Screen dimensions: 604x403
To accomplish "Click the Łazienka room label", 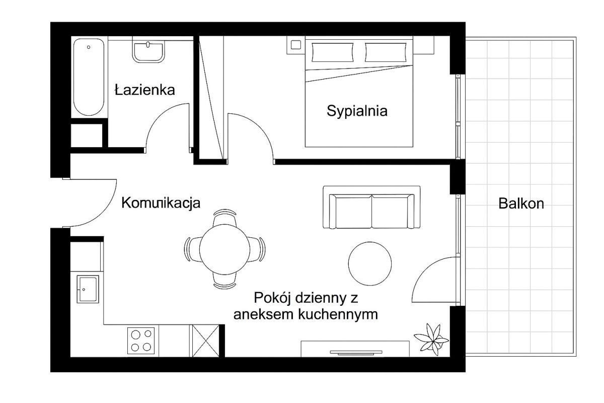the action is pyautogui.click(x=145, y=90).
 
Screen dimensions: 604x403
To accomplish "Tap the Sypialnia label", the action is pyautogui.click(x=357, y=111).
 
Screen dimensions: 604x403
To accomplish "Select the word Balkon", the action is pyautogui.click(x=521, y=204).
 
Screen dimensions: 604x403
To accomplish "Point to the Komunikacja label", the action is pyautogui.click(x=161, y=203).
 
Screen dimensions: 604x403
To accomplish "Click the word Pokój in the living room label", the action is pyautogui.click(x=273, y=298).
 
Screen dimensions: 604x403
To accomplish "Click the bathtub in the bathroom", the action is pyautogui.click(x=89, y=77).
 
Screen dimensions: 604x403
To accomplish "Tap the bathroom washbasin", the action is pyautogui.click(x=148, y=52).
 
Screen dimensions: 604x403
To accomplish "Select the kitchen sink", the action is pyautogui.click(x=88, y=289).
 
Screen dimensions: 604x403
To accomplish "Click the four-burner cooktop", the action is pyautogui.click(x=141, y=341).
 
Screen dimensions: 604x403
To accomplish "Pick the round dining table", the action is pyautogui.click(x=224, y=249).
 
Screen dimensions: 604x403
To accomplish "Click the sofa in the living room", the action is pyautogui.click(x=371, y=207).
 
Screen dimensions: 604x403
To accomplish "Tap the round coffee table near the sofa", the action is pyautogui.click(x=370, y=263).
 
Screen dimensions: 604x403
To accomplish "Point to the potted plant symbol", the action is pyautogui.click(x=431, y=340).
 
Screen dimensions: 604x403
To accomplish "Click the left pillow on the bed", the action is pyautogui.click(x=333, y=52).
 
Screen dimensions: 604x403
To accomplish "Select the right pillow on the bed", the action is pyautogui.click(x=386, y=52).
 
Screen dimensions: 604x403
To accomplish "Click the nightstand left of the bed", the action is pyautogui.click(x=296, y=45).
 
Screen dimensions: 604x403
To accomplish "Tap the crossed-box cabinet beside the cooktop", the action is pyautogui.click(x=206, y=341).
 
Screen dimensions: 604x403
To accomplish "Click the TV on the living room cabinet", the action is pyautogui.click(x=356, y=353).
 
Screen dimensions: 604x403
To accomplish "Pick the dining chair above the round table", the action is pyautogui.click(x=224, y=218).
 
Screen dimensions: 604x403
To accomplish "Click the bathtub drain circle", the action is pyautogui.click(x=89, y=47).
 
